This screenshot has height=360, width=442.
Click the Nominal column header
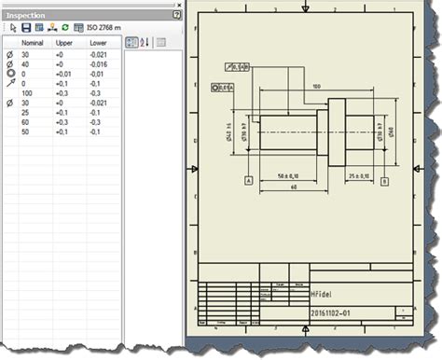tap(32, 43)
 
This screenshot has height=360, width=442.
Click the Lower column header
tap(98, 43)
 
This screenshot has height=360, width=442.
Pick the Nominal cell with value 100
tap(27, 94)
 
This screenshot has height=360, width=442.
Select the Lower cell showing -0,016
tap(98, 65)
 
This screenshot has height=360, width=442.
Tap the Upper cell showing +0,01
tap(65, 76)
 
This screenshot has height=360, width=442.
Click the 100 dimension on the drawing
tap(316, 86)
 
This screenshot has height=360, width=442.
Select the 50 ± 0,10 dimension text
tap(294, 174)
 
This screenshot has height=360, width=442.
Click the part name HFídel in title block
tap(322, 292)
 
